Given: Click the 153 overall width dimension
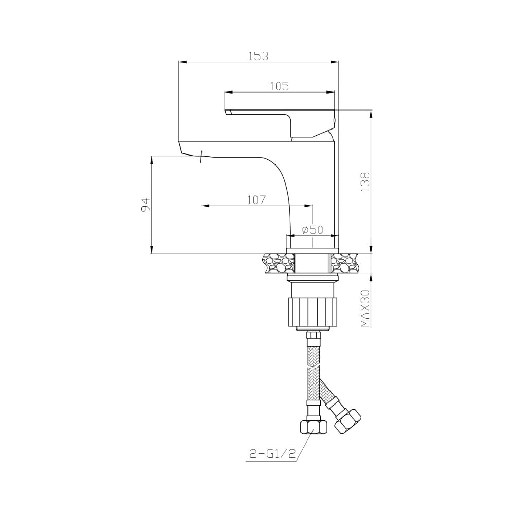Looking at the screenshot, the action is point(258,56).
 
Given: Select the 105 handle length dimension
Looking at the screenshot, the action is point(279,86).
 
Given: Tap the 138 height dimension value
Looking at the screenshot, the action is point(365,182).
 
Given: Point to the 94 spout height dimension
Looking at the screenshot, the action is point(145,205).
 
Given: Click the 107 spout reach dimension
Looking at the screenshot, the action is point(256,199).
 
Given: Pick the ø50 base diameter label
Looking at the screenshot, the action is point(313,229).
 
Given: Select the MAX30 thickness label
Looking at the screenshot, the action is point(365,308).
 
